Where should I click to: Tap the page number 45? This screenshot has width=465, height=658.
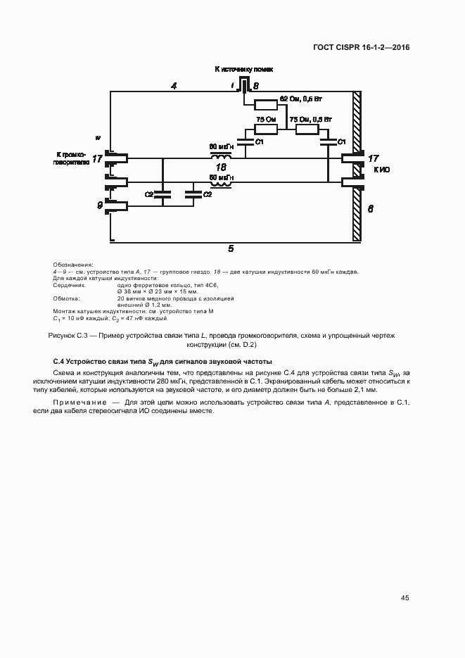pyautogui.click(x=405, y=598)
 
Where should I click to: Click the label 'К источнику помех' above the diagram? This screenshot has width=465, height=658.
pyautogui.click(x=243, y=70)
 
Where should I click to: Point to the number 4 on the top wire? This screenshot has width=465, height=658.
pyautogui.click(x=173, y=86)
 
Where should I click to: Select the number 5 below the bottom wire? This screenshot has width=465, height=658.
pyautogui.click(x=231, y=248)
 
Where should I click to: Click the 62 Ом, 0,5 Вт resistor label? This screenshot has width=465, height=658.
pyautogui.click(x=300, y=98)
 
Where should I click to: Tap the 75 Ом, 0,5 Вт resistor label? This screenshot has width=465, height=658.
pyautogui.click(x=310, y=119)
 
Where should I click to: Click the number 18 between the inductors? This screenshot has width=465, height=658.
pyautogui.click(x=221, y=167)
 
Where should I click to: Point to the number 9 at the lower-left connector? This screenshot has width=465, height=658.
pyautogui.click(x=98, y=205)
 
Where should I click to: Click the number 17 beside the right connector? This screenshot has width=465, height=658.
pyautogui.click(x=374, y=158)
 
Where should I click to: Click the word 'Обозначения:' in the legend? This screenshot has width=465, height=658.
pyautogui.click(x=68, y=264)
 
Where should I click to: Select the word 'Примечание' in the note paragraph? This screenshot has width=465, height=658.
pyautogui.click(x=82, y=401)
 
